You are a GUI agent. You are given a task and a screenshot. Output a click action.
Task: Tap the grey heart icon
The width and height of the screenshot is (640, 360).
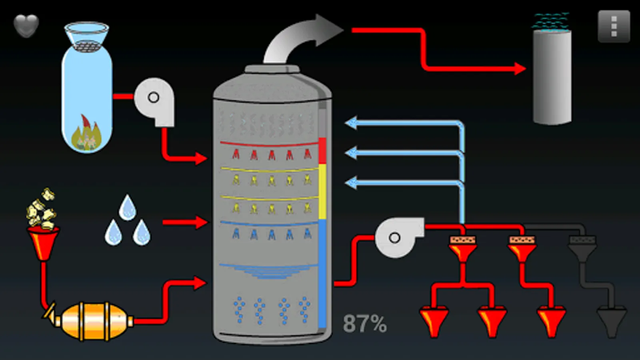coord(26,26)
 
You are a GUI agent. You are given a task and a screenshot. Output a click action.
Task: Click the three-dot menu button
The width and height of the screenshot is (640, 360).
coord(614,26)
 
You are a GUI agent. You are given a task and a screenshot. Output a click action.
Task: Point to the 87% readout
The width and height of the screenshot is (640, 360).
coord(364,323)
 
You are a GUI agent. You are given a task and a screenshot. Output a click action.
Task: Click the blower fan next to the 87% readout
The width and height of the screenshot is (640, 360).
coord(398,237)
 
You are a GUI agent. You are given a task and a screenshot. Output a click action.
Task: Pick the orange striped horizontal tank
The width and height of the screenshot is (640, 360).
coord(94,321)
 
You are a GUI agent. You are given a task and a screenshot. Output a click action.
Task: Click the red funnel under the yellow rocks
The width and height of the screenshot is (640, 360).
coord(43,242)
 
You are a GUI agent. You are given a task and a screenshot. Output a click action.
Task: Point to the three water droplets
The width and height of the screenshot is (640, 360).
coord(127,222)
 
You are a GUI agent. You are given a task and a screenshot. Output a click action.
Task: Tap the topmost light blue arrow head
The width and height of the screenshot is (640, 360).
coord(351,123)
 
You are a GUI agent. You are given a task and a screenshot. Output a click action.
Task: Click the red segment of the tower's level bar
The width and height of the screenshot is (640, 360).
coord(322,150)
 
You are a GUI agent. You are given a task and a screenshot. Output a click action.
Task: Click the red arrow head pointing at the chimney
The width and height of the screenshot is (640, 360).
coord(520,68)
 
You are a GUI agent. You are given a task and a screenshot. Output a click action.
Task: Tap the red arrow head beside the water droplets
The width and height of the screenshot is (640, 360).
coord(201,222)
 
